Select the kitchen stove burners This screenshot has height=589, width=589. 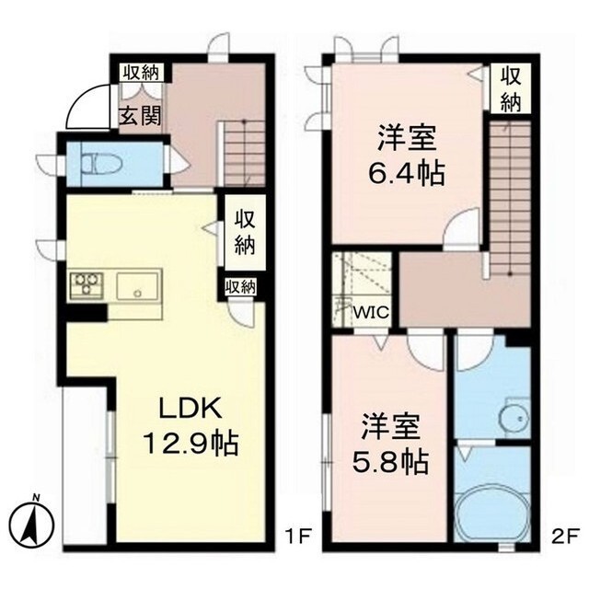pyautogui.click(x=87, y=284)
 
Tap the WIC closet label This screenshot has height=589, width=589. pyautogui.click(x=372, y=311)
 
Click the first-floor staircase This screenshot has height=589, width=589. pyautogui.click(x=241, y=152)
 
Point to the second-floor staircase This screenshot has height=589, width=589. pyautogui.click(x=510, y=198)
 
